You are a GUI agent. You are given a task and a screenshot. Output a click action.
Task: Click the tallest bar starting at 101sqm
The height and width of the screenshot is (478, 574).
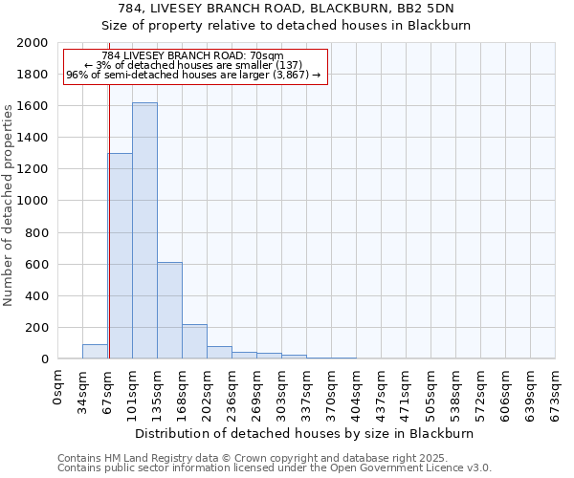[144, 230]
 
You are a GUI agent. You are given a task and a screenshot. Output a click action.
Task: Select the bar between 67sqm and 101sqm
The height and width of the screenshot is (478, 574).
[121, 256]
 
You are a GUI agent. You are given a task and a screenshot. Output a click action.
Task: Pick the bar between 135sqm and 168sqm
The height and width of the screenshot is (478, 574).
[169, 311]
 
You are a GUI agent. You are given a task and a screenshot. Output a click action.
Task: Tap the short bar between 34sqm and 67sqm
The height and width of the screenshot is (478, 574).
[95, 352]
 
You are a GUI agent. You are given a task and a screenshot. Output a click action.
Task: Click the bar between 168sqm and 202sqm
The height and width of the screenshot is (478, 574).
[194, 341]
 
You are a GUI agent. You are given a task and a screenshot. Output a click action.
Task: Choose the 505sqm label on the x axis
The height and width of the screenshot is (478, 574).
[431, 390]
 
